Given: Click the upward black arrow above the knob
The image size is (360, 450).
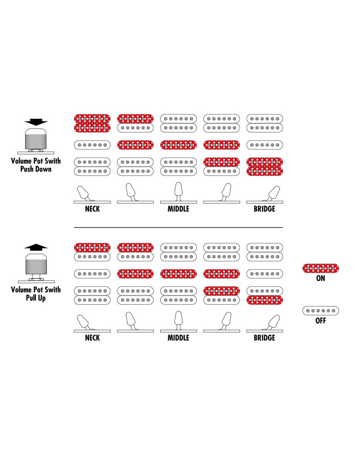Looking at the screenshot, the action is (x=36, y=247).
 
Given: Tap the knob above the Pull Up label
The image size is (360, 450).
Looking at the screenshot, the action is (x=36, y=264).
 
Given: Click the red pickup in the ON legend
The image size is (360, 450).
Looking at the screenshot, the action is (x=320, y=268).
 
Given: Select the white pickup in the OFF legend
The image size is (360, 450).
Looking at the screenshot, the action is (x=320, y=310).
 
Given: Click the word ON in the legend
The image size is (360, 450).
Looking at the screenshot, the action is (x=321, y=278).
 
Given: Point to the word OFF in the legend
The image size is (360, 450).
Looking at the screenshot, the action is (x=321, y=320).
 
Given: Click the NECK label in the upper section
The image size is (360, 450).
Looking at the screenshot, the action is (x=92, y=209).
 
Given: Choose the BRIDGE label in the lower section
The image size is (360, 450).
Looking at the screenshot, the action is (x=265, y=337).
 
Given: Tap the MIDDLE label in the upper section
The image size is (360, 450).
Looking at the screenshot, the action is (x=178, y=209).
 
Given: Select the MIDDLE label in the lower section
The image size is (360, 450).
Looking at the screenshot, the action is (x=178, y=337).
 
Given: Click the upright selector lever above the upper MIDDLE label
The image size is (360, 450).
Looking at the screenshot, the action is (x=179, y=191).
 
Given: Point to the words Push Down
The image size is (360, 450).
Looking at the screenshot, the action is (x=36, y=169).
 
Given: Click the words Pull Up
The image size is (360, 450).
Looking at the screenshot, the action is (x=36, y=298).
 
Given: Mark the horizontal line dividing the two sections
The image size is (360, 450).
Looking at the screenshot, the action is (x=178, y=227).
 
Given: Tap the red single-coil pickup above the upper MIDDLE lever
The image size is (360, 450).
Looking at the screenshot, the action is (x=178, y=145).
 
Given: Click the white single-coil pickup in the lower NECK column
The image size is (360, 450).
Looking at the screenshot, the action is (x=92, y=274).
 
